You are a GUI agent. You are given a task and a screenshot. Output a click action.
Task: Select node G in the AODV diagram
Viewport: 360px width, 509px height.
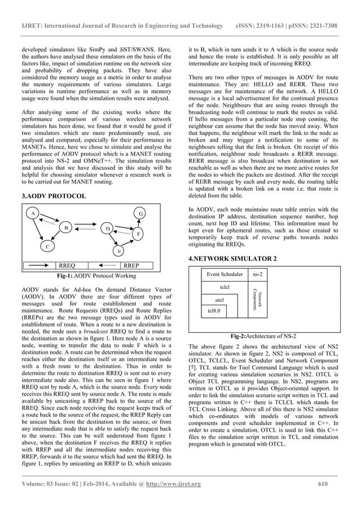pyautogui.click(x=141, y=213)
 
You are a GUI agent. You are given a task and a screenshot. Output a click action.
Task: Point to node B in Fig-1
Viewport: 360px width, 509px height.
pyautogui.click(x=66, y=229)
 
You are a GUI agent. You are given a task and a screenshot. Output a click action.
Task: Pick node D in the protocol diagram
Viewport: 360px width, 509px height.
pyautogui.click(x=107, y=229)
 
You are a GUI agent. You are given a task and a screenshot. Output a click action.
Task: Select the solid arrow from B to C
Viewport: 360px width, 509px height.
pyautogui.click(x=58, y=238)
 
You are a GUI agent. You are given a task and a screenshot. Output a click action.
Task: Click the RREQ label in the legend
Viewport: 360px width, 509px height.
pyautogui.click(x=68, y=264)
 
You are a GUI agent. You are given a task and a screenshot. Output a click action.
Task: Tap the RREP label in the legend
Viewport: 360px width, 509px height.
pyautogui.click(x=131, y=264)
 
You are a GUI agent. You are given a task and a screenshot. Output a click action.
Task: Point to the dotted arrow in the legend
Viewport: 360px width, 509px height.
pyautogui.click(x=103, y=264)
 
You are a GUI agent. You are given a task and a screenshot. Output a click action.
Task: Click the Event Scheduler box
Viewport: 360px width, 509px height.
pyautogui.click(x=225, y=274)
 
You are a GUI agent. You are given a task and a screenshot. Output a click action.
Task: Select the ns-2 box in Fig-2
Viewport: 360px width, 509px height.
pyautogui.click(x=261, y=274)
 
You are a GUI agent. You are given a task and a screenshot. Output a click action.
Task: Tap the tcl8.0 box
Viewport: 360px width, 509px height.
pyautogui.click(x=214, y=310)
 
